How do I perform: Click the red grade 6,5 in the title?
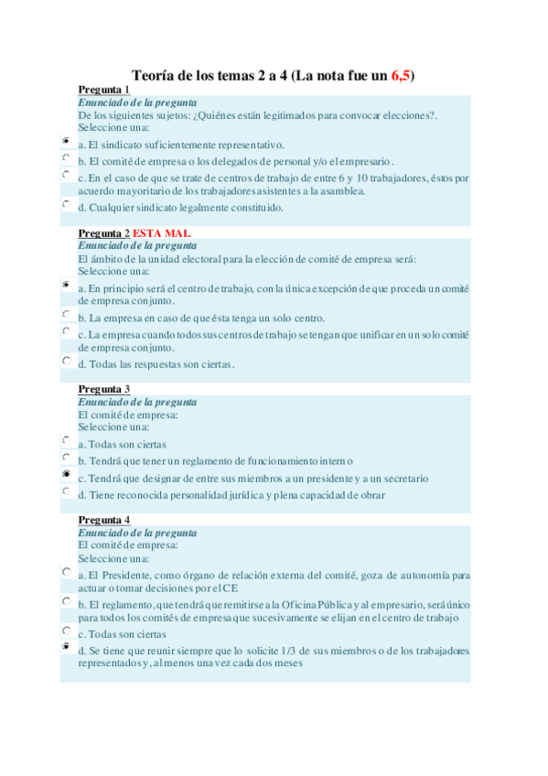400,75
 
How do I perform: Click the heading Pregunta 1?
103,90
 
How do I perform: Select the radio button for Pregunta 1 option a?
67,142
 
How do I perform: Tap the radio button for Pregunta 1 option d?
67,205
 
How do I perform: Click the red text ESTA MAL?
162,233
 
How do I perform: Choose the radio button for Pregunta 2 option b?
67,316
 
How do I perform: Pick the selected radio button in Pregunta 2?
67,286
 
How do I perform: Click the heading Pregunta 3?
103,389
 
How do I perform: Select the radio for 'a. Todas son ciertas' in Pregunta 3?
67,441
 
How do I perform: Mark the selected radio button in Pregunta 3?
67,475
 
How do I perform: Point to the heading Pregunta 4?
103,520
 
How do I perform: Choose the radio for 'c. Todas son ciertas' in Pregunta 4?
67,630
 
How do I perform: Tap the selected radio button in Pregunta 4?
67,647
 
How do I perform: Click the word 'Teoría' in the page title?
154,75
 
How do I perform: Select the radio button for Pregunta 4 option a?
67,572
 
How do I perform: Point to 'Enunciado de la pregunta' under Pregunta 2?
137,246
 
